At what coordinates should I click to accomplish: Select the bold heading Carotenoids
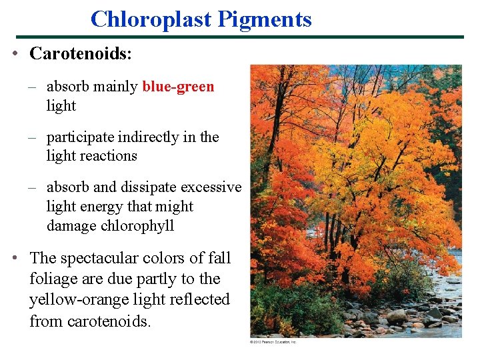click(80, 54)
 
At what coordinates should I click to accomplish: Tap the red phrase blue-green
click(178, 87)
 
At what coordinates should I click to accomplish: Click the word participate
click(81, 137)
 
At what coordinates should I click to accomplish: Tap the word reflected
click(198, 300)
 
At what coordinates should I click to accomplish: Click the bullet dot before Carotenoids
click(15, 55)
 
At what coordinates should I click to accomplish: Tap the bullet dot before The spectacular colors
click(15, 258)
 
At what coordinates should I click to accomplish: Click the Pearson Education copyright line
click(273, 342)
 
